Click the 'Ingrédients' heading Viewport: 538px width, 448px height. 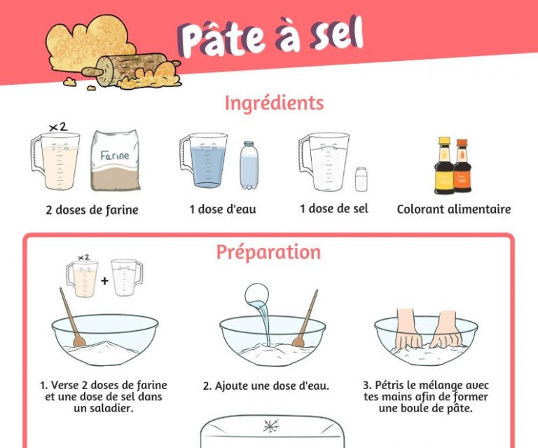coord(274,103)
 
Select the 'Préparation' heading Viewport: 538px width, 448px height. coord(268,252)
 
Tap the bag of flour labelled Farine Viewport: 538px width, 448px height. coord(115,161)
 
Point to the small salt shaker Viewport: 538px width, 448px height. coord(361,179)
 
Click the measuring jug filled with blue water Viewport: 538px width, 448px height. coord(204,161)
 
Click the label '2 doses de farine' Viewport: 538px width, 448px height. coord(92,210)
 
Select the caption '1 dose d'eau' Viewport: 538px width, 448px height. coord(222,210)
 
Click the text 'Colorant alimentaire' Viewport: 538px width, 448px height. coord(453,209)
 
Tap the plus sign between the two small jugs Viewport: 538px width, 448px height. coord(104,280)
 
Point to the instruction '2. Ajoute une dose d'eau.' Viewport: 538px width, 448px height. coord(266,386)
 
